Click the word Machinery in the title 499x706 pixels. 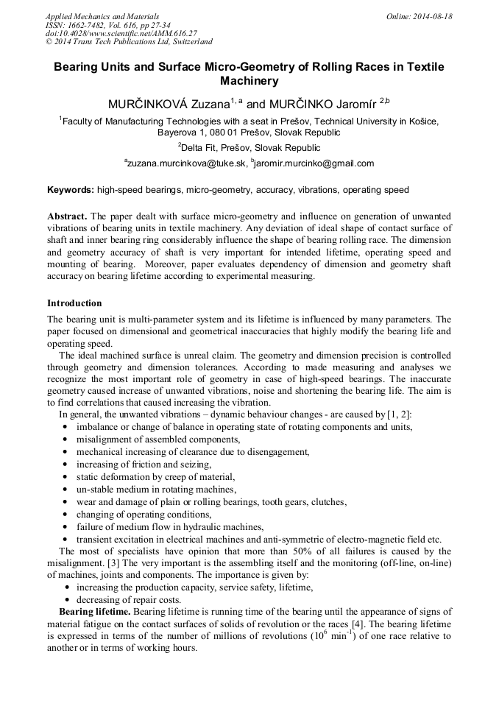click(249, 81)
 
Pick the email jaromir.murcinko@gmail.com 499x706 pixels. click(314, 163)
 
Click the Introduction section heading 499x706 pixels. click(74, 303)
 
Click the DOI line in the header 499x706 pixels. click(121, 33)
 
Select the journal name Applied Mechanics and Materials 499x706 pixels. click(102, 16)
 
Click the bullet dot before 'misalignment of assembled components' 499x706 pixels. click(67, 440)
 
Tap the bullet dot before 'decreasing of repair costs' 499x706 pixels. click(67, 600)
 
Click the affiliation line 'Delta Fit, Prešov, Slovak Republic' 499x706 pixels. click(249, 148)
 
